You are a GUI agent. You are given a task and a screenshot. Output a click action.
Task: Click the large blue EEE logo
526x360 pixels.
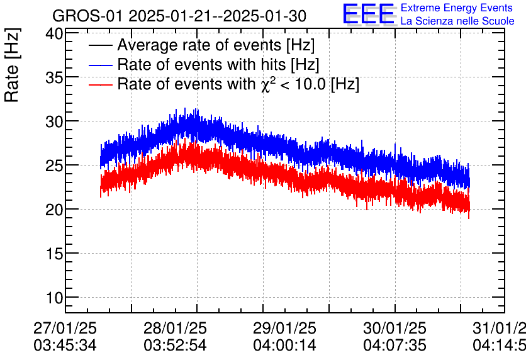[368, 14]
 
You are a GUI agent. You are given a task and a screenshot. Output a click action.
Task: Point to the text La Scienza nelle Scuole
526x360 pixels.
[457, 21]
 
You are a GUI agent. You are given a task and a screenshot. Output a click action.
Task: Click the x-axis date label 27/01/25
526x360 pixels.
[65, 328]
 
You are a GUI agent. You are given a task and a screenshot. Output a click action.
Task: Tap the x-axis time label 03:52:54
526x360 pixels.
[175, 346]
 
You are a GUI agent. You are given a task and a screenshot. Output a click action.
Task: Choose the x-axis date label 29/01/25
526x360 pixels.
[284, 328]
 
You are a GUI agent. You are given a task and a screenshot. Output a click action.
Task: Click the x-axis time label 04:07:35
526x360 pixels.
[394, 346]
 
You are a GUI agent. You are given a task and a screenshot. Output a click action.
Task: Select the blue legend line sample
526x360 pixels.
[101, 65]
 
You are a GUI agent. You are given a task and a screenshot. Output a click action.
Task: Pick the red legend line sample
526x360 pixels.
[101, 84]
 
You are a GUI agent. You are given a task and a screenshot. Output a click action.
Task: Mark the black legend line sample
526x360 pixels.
[101, 45]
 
